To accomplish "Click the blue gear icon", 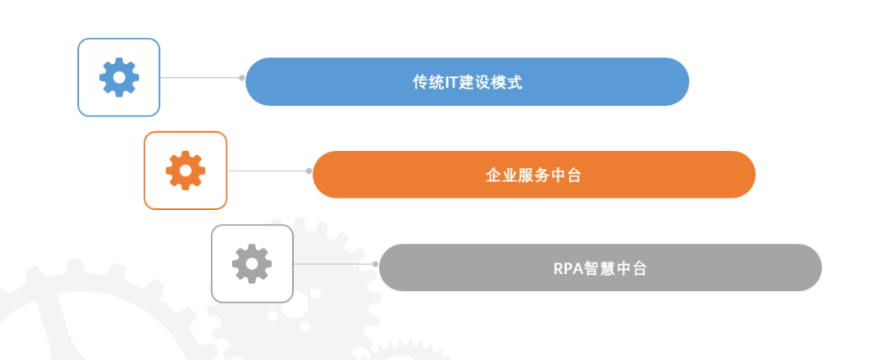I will click(119, 78).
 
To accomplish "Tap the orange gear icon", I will click(185, 171).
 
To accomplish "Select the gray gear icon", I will click(252, 264).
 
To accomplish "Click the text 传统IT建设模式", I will click(468, 82).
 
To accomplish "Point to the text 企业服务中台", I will click(533, 175).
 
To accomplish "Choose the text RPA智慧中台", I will click(600, 268).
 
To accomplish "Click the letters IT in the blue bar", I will click(450, 82).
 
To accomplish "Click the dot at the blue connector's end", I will click(242, 78).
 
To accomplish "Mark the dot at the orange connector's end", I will click(308, 171).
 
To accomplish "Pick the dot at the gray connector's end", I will click(375, 264).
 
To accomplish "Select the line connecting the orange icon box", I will click(267, 171).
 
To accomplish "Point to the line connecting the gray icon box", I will click(333, 264).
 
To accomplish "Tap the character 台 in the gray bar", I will click(639, 268).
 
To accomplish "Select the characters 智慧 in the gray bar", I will click(600, 268).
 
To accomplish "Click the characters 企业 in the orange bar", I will click(501, 175).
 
